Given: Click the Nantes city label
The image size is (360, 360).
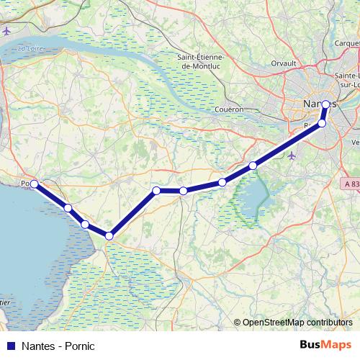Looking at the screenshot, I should (x=320, y=104).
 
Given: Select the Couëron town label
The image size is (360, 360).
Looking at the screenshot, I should (x=230, y=109).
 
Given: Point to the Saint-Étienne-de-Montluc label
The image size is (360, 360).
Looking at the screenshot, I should (x=204, y=61).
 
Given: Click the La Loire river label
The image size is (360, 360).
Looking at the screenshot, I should (x=31, y=48).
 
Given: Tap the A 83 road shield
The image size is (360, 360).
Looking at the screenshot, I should (x=351, y=184).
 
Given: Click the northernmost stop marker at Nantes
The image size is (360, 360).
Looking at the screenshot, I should (x=325, y=104).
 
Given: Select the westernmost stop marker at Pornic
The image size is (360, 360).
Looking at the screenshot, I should (x=34, y=184).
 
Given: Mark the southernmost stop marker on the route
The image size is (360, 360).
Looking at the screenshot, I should (x=109, y=235).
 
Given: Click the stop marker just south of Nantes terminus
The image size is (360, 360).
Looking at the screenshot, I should (x=322, y=123).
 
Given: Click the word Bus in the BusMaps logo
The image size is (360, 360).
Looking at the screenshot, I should (x=312, y=346).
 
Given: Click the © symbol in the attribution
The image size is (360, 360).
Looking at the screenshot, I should (x=237, y=323).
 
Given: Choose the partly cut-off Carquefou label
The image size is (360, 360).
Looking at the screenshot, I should (x=346, y=42).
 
